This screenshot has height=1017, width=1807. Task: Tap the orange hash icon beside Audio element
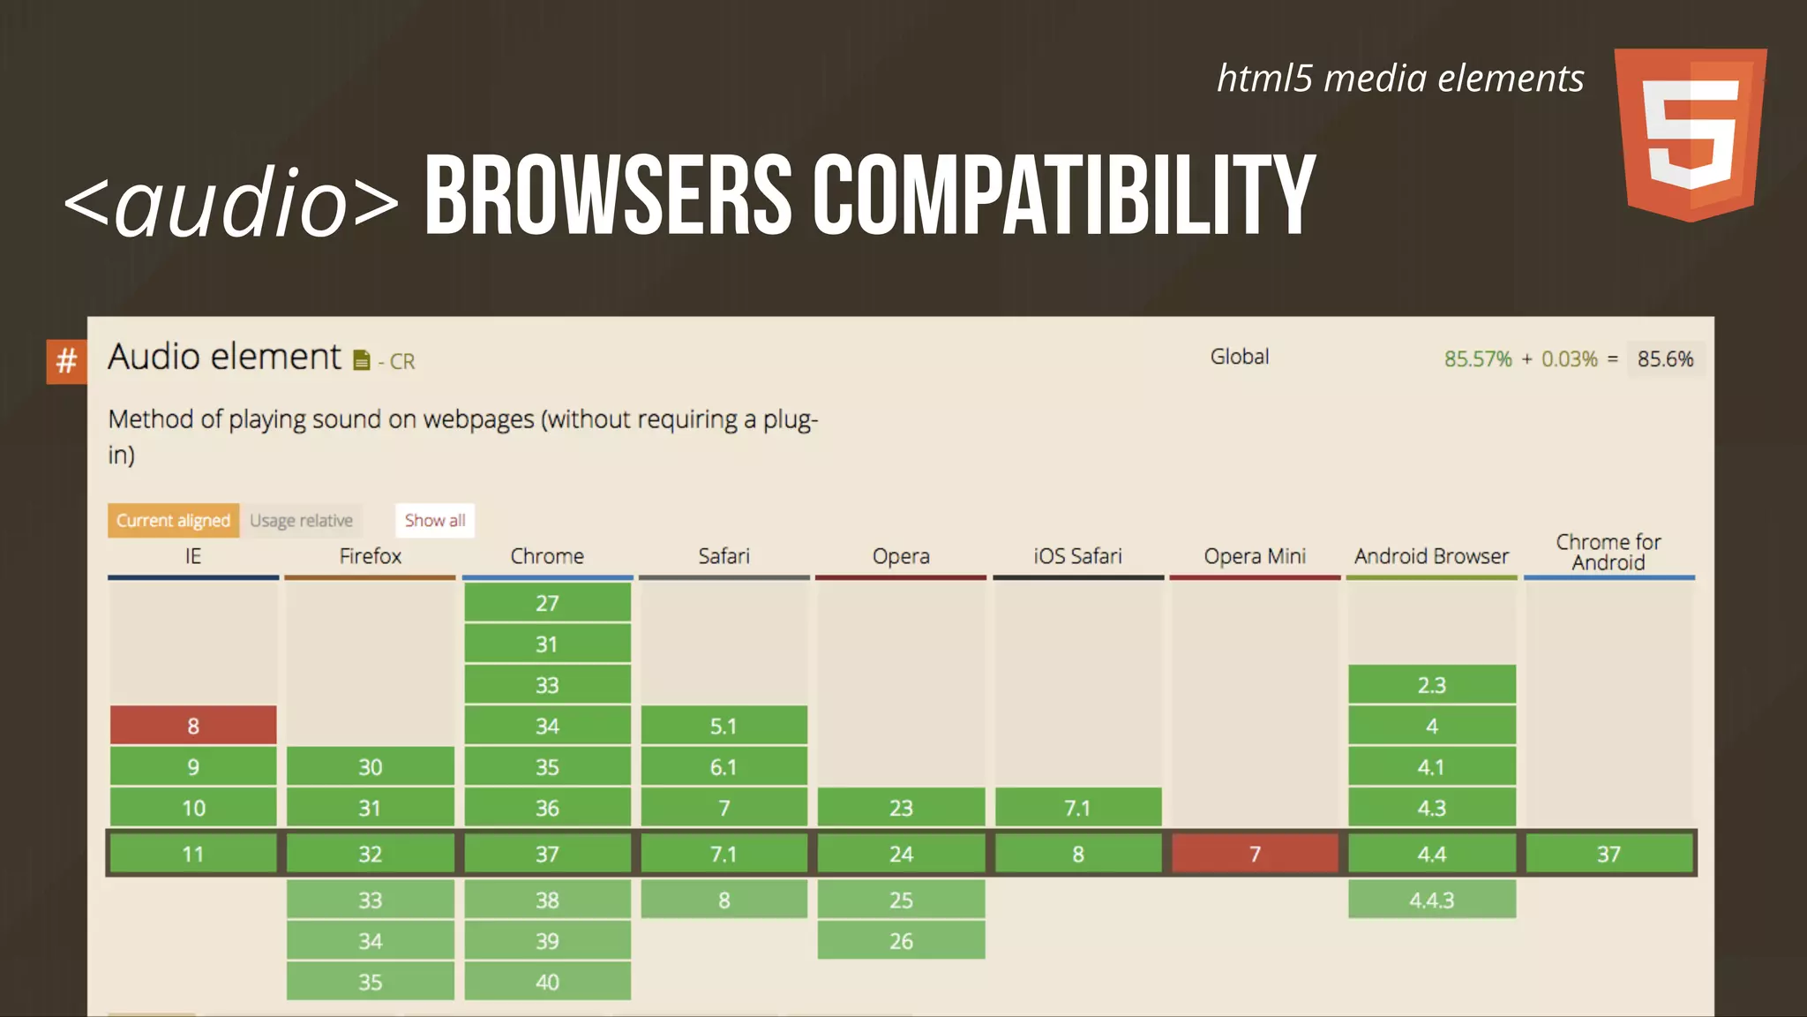pyautogui.click(x=66, y=361)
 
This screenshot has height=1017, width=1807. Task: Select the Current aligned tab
pyautogui.click(x=173, y=521)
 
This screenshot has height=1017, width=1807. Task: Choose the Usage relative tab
pyautogui.click(x=301, y=521)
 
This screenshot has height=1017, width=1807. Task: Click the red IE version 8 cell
pyautogui.click(x=193, y=726)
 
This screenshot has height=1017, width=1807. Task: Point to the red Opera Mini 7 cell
pyautogui.click(x=1255, y=854)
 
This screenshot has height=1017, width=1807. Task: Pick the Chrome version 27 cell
pyautogui.click(x=547, y=603)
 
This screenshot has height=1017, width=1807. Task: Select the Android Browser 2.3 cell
pyautogui.click(x=1431, y=685)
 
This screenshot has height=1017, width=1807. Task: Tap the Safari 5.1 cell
pyautogui.click(x=724, y=726)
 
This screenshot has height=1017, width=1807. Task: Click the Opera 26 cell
pyautogui.click(x=901, y=941)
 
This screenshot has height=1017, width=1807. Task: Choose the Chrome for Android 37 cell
pyautogui.click(x=1608, y=854)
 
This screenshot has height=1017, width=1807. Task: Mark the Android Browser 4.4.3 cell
pyautogui.click(x=1431, y=900)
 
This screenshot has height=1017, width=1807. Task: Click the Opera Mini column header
pyautogui.click(x=1255, y=556)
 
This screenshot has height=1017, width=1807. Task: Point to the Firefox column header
pyautogui.click(x=370, y=556)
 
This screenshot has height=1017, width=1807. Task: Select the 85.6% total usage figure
pyautogui.click(x=1665, y=359)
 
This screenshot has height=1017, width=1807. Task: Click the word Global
pyautogui.click(x=1239, y=357)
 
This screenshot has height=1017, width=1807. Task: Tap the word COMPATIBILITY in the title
pyautogui.click(x=1063, y=196)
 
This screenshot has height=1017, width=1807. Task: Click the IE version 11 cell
pyautogui.click(x=193, y=854)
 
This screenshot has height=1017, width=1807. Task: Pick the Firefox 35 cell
pyautogui.click(x=370, y=982)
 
